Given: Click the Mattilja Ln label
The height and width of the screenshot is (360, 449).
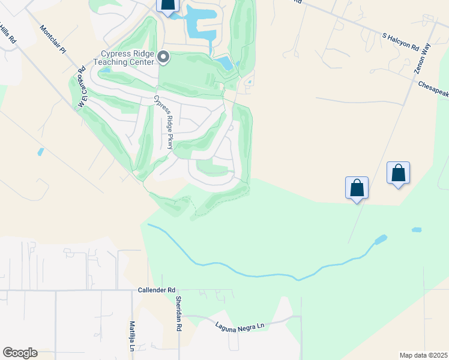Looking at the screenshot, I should [132, 335].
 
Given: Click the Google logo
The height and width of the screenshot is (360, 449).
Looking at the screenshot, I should [20, 353].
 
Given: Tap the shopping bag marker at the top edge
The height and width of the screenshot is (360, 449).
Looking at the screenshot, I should [169, 5].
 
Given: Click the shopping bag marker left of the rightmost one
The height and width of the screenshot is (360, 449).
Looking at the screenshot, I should [357, 187].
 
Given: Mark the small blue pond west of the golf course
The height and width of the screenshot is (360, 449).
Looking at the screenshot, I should [40, 151].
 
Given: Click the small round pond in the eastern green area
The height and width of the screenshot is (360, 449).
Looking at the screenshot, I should [416, 230].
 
